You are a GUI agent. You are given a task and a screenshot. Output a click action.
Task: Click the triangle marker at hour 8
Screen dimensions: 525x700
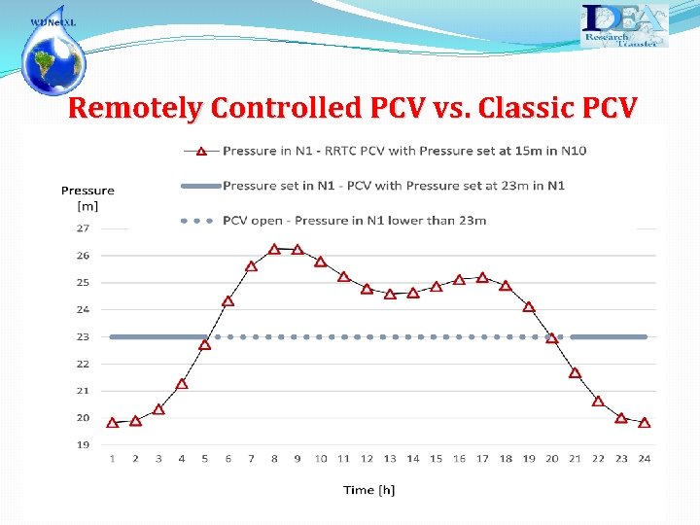pos(274,249)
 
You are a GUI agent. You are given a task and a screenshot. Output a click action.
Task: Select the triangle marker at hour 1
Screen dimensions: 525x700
pos(112,423)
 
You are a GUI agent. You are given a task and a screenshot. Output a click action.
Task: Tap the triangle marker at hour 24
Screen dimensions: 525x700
pos(645,423)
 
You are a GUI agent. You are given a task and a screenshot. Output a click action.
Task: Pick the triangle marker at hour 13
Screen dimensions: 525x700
pos(390,294)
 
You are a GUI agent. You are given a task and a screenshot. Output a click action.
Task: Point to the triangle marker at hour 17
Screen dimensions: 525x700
pos(482,277)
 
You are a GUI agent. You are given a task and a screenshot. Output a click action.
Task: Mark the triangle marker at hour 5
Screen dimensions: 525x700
pos(204,344)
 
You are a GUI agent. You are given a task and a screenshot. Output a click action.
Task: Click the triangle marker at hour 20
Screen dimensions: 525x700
pos(552,338)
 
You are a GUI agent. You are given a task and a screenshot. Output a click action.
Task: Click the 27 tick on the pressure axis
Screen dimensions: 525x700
pos(83,228)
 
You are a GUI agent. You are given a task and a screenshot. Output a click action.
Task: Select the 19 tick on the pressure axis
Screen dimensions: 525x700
pos(83,445)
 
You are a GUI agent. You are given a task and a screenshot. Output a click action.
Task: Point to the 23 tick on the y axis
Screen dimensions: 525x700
pos(83,336)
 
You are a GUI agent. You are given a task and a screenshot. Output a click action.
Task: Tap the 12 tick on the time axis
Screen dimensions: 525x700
pos(367,459)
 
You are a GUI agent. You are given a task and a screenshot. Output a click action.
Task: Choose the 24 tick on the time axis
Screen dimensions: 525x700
pos(645,459)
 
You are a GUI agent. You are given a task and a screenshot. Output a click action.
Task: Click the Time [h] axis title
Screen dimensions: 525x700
pos(369,490)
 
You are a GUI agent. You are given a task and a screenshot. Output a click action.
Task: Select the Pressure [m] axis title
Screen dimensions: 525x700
pos(87,197)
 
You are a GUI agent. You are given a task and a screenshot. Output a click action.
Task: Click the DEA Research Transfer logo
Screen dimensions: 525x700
pos(624,25)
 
